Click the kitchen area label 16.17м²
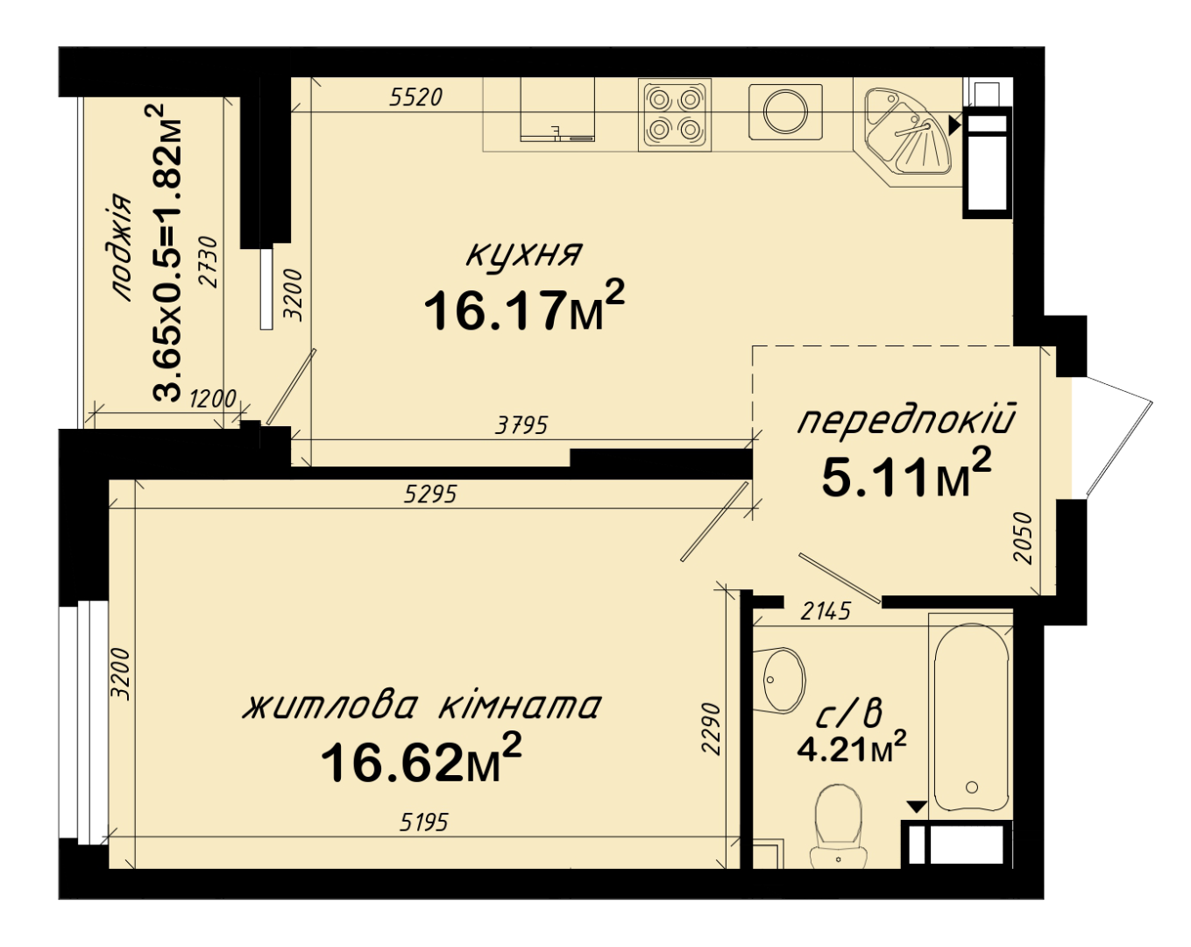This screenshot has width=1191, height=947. click(x=524, y=307)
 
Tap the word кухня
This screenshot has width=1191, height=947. click(x=524, y=254)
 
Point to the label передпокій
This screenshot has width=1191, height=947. click(x=906, y=420)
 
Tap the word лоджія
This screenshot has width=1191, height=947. click(x=121, y=247)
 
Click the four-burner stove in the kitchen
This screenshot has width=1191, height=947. click(x=675, y=115)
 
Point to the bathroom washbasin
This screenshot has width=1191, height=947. click(x=779, y=680)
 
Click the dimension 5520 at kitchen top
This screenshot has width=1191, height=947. click(x=416, y=97)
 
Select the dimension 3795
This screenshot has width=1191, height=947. click(x=521, y=425)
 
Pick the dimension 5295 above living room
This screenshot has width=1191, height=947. click(x=430, y=494)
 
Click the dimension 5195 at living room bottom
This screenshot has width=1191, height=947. click(x=424, y=823)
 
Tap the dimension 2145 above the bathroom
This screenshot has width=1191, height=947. click(x=826, y=611)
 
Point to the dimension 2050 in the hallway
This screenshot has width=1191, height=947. click(x=1024, y=538)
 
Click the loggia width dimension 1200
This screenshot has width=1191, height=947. click(x=212, y=399)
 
